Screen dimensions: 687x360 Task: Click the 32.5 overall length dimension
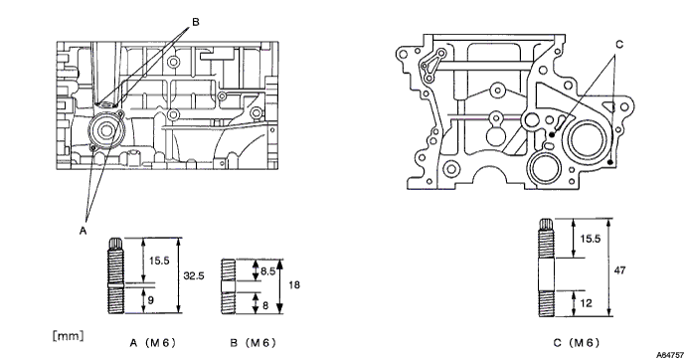194,276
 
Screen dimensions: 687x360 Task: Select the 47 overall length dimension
619,270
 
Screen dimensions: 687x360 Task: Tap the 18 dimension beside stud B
294,285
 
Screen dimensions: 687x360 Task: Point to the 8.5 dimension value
267,271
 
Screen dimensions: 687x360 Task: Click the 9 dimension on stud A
151,300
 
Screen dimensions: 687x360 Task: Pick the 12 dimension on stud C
586,303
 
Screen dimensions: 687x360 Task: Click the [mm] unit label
68,336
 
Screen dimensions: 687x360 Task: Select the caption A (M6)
152,343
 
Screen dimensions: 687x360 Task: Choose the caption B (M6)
254,343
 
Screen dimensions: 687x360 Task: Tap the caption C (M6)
576,343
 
